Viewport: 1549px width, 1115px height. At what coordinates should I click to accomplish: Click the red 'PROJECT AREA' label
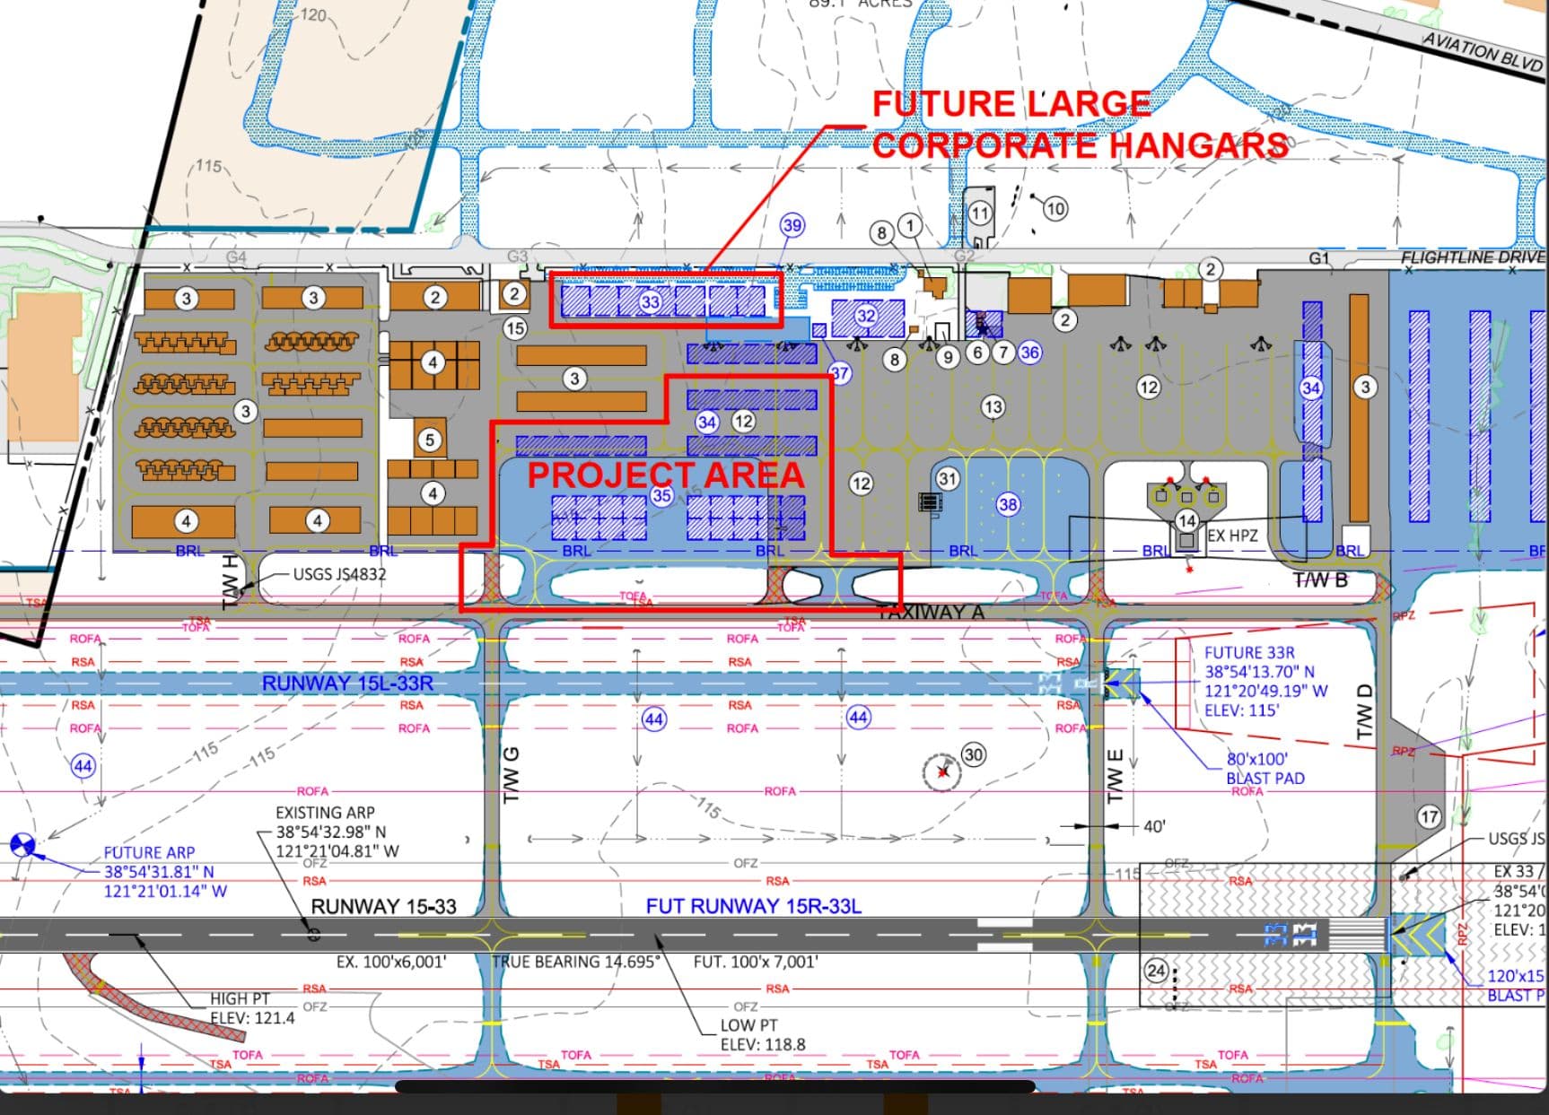tap(665, 475)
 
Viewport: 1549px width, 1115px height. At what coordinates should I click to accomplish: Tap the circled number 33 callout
tap(651, 301)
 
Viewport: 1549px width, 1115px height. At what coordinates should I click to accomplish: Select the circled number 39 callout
tap(792, 225)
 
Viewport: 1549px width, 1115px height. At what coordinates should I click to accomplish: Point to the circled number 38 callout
tap(1008, 504)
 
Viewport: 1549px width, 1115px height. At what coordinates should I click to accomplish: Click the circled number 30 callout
tap(974, 754)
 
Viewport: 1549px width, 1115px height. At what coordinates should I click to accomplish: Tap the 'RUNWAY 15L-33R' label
tap(347, 684)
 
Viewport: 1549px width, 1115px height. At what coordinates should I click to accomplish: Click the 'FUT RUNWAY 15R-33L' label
tap(753, 906)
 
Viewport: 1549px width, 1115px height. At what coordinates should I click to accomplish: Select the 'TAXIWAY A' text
tap(930, 613)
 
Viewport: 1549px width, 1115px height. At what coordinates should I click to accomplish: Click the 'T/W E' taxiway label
tap(1116, 777)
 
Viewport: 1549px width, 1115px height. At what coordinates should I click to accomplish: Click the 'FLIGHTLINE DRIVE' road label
tap(1473, 257)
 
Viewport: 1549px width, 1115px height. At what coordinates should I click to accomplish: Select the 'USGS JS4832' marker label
tap(339, 574)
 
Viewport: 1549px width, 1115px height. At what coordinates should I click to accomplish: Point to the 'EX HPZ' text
tap(1232, 536)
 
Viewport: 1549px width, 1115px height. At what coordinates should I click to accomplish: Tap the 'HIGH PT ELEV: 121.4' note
tap(251, 1008)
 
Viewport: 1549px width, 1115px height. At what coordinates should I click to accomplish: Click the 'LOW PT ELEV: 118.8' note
tap(762, 1034)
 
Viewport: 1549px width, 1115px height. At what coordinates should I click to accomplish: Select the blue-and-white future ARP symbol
tap(22, 844)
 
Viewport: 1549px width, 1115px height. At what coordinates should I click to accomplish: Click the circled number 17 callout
tap(1429, 817)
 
